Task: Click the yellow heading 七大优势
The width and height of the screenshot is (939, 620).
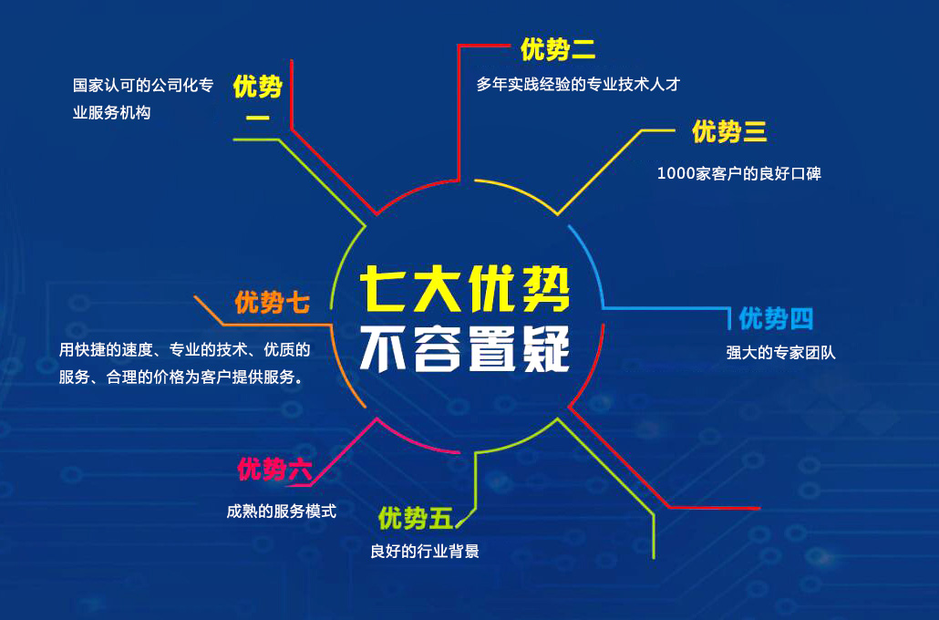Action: [x=465, y=290]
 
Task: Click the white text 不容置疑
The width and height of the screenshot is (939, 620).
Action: [x=465, y=349]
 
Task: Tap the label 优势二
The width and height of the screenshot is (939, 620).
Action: [x=558, y=49]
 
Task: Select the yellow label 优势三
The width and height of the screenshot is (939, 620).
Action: [x=729, y=131]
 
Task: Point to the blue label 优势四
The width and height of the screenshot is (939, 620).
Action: [x=776, y=318]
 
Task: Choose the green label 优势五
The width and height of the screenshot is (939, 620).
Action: [x=415, y=518]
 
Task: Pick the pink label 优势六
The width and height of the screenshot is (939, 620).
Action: [x=275, y=469]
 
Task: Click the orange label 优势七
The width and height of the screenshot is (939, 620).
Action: [x=273, y=303]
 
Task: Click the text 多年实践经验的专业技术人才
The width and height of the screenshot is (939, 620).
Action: [x=579, y=85]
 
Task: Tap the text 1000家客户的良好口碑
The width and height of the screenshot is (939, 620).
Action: [x=739, y=174]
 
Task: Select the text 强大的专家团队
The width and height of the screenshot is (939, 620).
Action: [x=781, y=352]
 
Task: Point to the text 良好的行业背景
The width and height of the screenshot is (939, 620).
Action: [x=425, y=551]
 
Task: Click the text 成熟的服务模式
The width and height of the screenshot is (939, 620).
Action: [x=282, y=511]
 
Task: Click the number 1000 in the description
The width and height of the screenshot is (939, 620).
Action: [x=676, y=174]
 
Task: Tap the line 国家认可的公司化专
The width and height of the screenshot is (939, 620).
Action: [x=143, y=85]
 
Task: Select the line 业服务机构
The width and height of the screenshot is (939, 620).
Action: [x=111, y=113]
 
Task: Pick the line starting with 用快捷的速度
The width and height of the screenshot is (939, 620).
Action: [x=184, y=350]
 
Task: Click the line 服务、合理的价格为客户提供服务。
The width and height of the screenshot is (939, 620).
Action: [x=181, y=377]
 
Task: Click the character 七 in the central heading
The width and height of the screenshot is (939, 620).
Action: [x=384, y=290]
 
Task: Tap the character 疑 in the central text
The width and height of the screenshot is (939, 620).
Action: [x=545, y=349]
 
